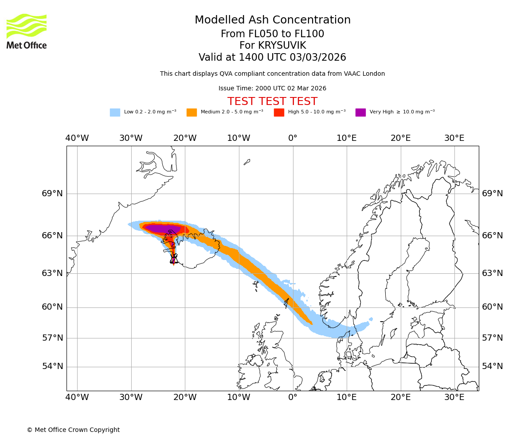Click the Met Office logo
click(27, 31)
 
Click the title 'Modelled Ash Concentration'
click(273, 20)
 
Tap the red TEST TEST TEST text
click(272, 101)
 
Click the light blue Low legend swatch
click(115, 112)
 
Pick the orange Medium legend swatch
click(192, 112)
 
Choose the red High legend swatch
click(279, 112)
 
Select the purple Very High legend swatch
click(360, 112)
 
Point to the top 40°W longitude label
click(77, 138)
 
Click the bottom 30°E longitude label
click(454, 397)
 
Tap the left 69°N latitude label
click(52, 194)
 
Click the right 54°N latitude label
click(493, 366)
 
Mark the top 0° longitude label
click(293, 138)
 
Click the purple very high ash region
click(162, 229)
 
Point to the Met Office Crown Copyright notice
click(73, 430)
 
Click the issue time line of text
click(272, 89)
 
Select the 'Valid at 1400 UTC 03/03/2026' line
click(272, 58)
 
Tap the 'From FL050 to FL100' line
click(272, 34)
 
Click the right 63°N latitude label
click(493, 273)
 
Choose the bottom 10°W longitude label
click(239, 397)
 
